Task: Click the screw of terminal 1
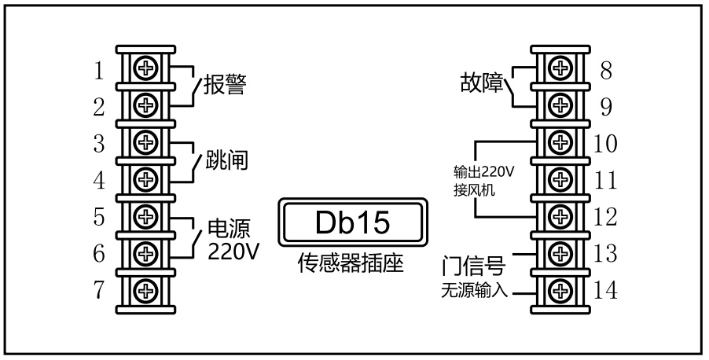145,68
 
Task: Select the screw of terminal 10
560,142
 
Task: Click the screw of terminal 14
560,289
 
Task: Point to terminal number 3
99,144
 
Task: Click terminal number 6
99,253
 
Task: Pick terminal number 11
605,180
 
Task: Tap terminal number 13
605,253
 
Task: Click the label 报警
225,84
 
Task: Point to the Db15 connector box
353,222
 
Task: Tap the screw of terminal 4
145,179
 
